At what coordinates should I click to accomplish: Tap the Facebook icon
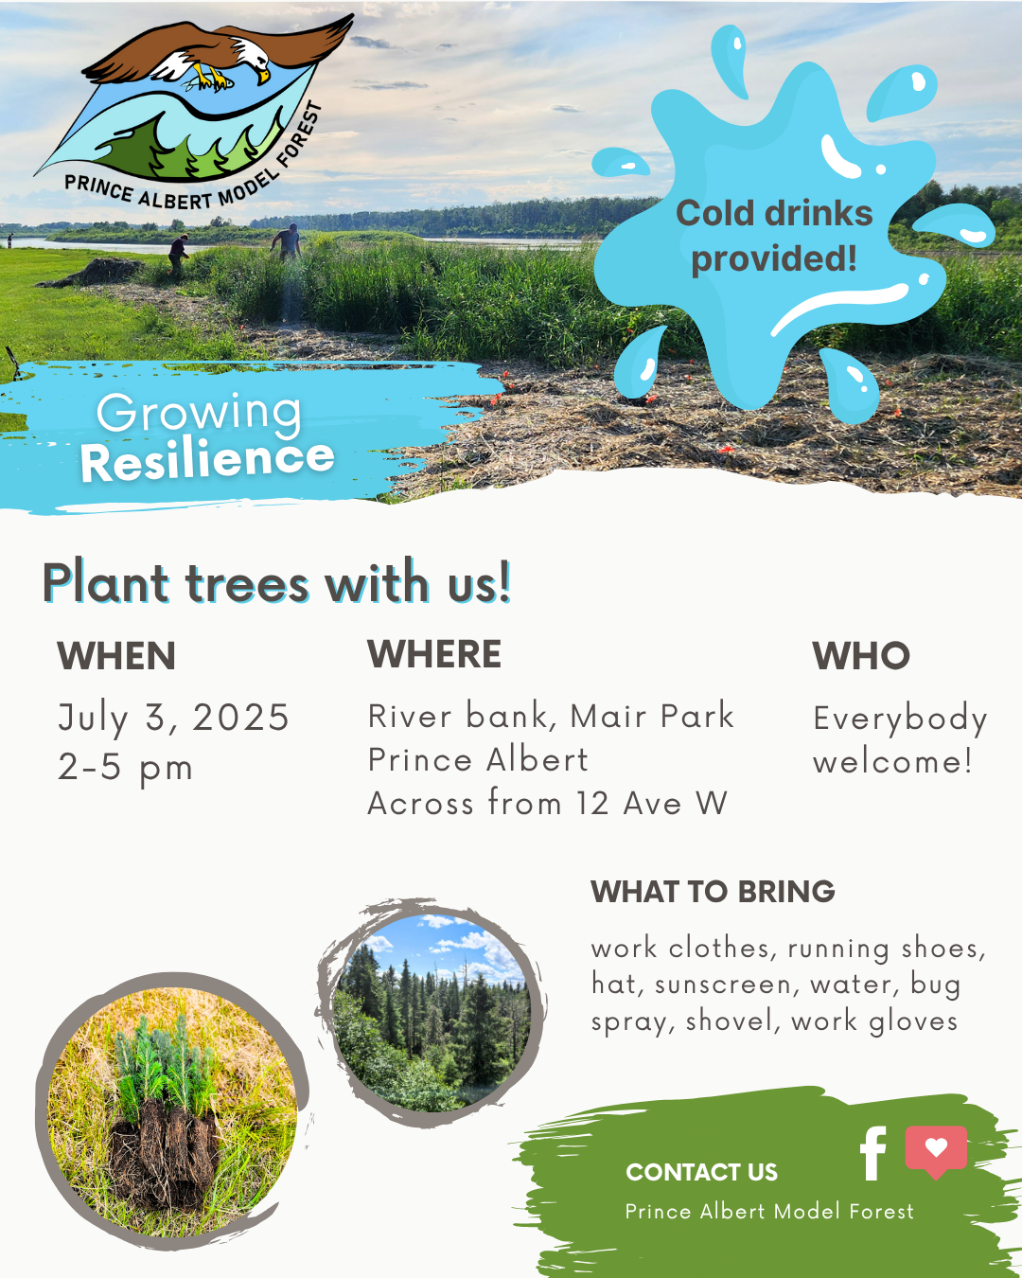(x=872, y=1153)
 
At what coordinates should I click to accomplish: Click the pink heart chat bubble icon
(x=936, y=1151)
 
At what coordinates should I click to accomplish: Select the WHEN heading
(x=116, y=656)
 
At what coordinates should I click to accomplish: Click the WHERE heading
(x=434, y=654)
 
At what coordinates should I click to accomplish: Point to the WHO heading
(x=861, y=656)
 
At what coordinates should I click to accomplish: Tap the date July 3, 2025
(x=173, y=719)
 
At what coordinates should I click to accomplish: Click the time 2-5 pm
(x=125, y=769)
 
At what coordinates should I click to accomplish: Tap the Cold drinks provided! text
(x=774, y=236)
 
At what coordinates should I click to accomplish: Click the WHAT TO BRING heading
(x=713, y=891)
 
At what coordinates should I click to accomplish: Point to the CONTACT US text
(x=701, y=1172)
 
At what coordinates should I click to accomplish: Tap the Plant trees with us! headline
(x=276, y=582)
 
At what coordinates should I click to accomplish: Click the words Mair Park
(x=652, y=716)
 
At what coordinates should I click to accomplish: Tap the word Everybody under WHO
(x=900, y=719)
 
